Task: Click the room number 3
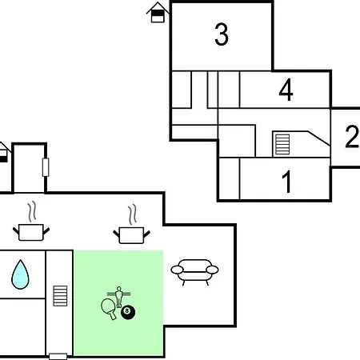pyautogui.click(x=222, y=34)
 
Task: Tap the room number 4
pyautogui.click(x=286, y=90)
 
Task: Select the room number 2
pyautogui.click(x=352, y=136)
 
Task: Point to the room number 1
pyautogui.click(x=287, y=182)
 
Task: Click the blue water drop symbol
pyautogui.click(x=20, y=274)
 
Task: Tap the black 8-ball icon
pyautogui.click(x=128, y=312)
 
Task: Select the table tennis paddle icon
pyautogui.click(x=109, y=309)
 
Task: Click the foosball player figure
pyautogui.click(x=119, y=297)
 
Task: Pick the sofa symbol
pyautogui.click(x=194, y=272)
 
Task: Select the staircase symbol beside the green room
pyautogui.click(x=60, y=296)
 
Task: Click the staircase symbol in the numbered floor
pyautogui.click(x=282, y=144)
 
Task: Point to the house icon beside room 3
pyautogui.click(x=158, y=13)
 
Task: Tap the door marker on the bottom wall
pyautogui.click(x=58, y=357)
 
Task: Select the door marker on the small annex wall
pyautogui.click(x=46, y=167)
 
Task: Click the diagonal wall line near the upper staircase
pyautogui.click(x=319, y=138)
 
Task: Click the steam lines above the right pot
pyautogui.click(x=132, y=214)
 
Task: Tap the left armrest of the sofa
pyautogui.click(x=177, y=270)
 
